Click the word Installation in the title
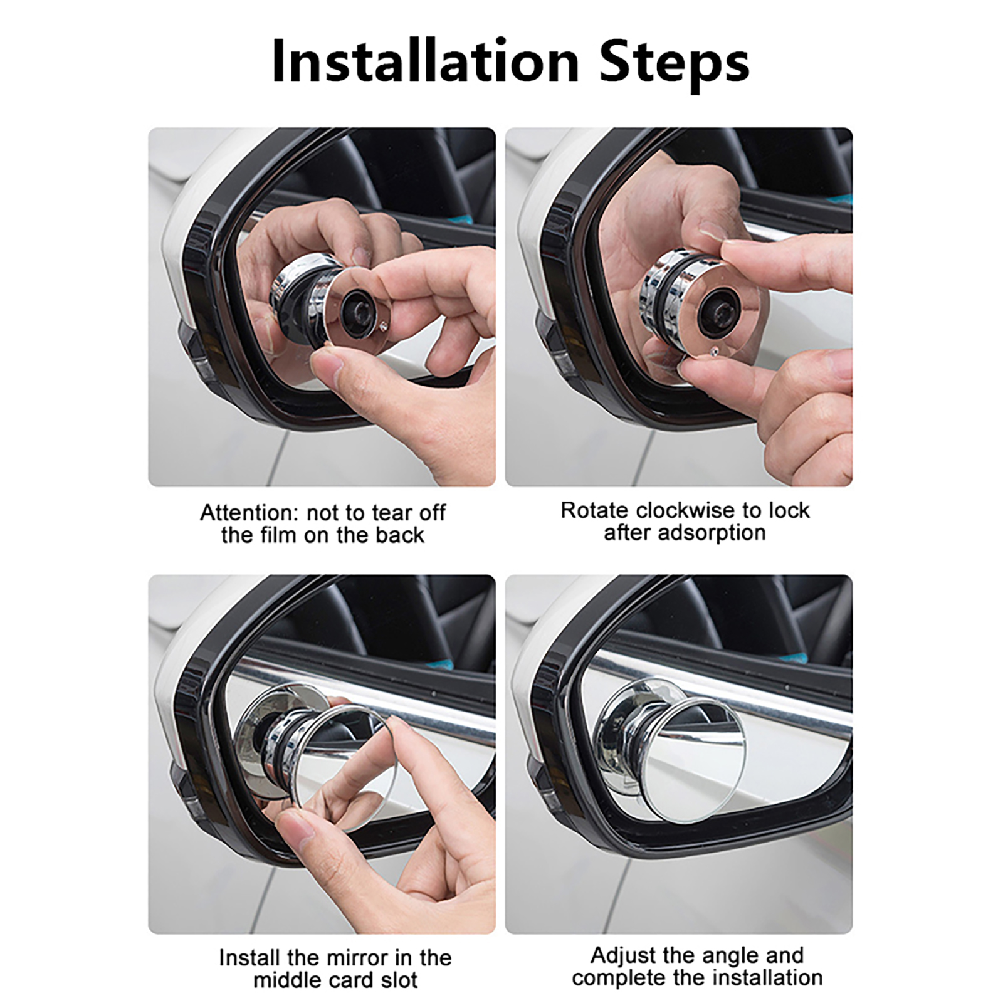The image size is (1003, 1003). click(x=426, y=61)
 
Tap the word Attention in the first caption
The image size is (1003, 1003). click(x=247, y=513)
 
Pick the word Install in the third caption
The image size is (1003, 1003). click(x=249, y=958)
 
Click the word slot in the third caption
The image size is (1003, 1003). click(x=397, y=980)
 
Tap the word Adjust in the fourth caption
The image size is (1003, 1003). click(x=623, y=956)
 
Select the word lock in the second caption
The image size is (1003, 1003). click(x=790, y=510)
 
